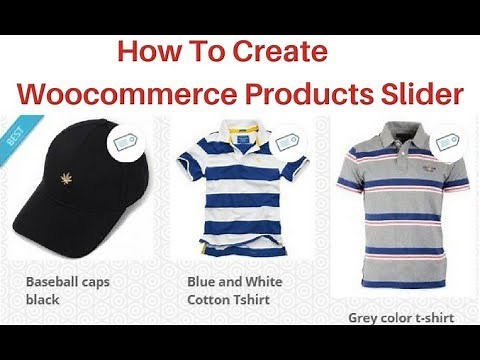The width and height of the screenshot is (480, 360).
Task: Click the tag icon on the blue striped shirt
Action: (288, 140)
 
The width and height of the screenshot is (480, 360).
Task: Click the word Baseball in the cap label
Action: (53, 282)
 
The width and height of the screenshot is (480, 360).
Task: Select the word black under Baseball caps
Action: (42, 299)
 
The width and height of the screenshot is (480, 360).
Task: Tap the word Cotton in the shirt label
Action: (209, 299)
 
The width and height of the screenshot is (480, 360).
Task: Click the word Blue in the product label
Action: (202, 282)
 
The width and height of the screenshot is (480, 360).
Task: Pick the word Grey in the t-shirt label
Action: (363, 318)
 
